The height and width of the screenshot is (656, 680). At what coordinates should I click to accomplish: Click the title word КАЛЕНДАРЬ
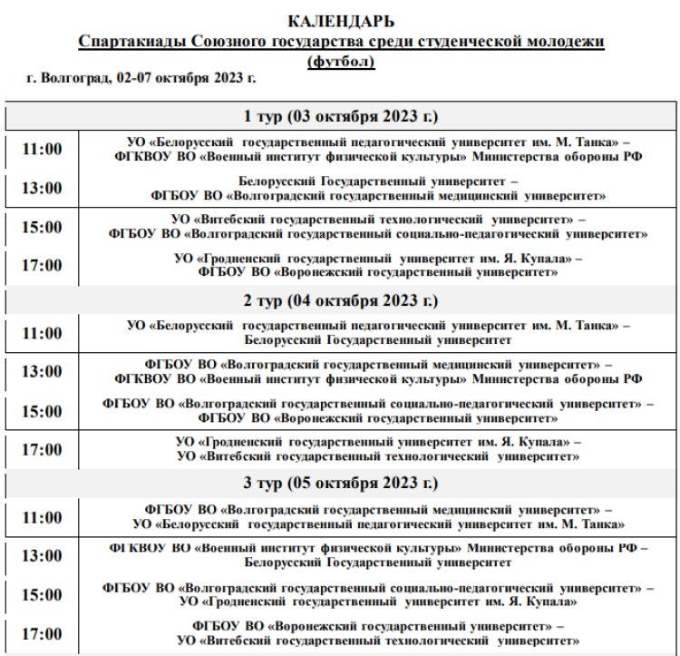[x=340, y=22]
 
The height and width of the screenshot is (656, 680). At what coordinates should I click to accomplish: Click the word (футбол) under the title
[x=340, y=61]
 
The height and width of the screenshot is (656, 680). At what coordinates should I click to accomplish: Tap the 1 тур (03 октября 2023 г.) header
[x=340, y=117]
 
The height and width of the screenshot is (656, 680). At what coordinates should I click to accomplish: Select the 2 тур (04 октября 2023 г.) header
[x=340, y=300]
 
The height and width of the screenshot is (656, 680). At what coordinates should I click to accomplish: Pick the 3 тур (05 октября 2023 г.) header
[x=340, y=484]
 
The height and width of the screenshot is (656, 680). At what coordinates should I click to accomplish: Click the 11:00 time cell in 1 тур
[x=42, y=150]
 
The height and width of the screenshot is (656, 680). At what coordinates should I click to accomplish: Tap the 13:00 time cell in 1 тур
[x=42, y=189]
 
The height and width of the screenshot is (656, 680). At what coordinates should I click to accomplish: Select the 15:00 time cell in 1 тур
[x=42, y=227]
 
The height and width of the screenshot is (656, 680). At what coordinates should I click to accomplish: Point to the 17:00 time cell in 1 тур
[x=42, y=266]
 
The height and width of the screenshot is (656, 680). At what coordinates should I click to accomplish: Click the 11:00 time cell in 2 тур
[x=42, y=333]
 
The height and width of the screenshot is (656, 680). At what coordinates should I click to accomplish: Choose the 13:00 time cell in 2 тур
[x=42, y=372]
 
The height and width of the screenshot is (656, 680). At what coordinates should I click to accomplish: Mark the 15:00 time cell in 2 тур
[x=42, y=411]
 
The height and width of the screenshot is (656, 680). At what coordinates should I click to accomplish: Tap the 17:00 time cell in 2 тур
[x=42, y=449]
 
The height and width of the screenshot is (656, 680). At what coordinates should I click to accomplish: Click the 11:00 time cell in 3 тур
[x=42, y=517]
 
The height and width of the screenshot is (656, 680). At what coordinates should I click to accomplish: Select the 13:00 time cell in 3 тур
[x=42, y=556]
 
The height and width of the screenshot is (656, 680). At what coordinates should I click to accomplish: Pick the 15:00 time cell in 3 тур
[x=42, y=595]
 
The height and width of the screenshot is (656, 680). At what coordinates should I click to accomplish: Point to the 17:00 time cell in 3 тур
[x=42, y=633]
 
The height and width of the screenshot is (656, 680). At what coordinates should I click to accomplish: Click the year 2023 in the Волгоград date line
[x=226, y=79]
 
